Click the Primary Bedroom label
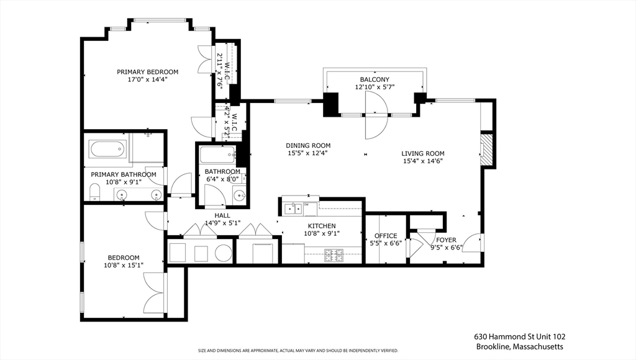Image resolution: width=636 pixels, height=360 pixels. [x=148, y=72]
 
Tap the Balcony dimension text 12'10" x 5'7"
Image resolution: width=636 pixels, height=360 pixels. [x=375, y=87]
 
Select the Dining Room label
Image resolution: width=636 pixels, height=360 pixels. [x=308, y=145]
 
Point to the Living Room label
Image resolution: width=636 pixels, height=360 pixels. [x=422, y=153]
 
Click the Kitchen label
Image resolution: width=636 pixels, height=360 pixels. [x=322, y=226]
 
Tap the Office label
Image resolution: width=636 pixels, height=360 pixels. [x=386, y=235]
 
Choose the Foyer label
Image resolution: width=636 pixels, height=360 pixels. [x=446, y=240]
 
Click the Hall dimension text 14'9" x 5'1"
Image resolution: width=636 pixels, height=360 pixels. [x=223, y=223]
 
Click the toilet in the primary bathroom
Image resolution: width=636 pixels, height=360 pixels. [x=94, y=192]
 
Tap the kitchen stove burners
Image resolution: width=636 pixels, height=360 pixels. [x=334, y=255]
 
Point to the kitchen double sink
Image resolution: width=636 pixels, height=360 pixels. [x=293, y=209]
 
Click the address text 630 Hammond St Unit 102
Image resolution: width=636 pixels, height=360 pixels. [x=520, y=336]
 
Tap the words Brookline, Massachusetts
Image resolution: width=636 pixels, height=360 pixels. [x=520, y=346]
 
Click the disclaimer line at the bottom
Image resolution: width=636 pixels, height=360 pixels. [x=298, y=351]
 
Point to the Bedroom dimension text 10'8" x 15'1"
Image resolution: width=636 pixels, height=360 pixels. [x=124, y=265]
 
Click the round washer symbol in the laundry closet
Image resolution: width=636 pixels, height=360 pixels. [x=223, y=253]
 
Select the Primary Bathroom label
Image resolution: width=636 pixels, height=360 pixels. [x=124, y=175]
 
